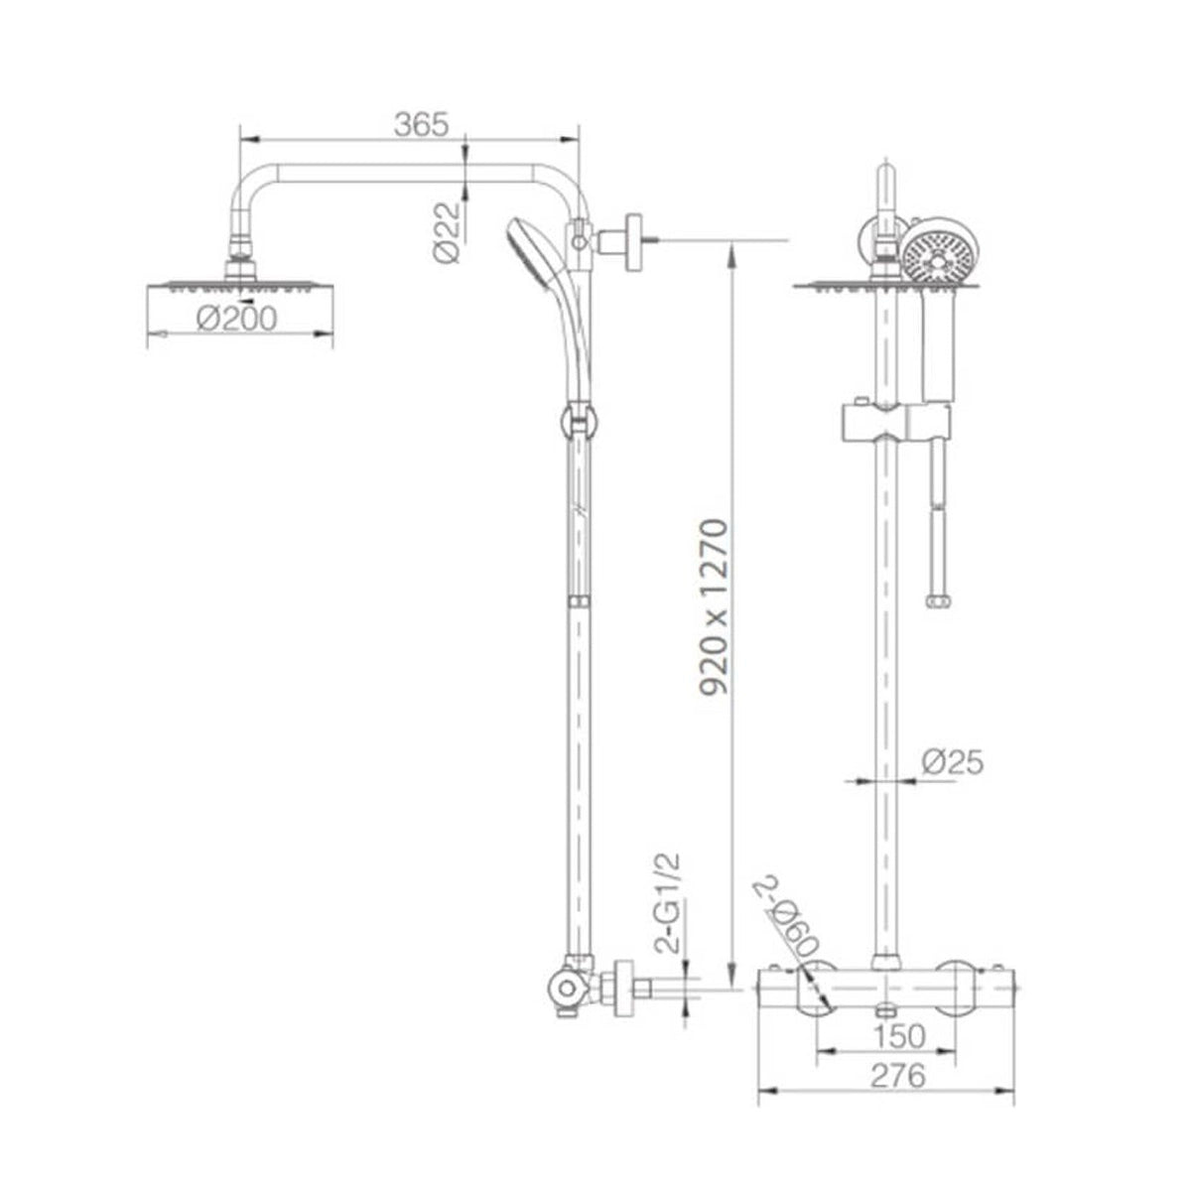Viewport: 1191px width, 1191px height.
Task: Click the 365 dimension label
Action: (x=421, y=125)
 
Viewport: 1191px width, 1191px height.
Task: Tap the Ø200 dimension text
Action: (x=237, y=319)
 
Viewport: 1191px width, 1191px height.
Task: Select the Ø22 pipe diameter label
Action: (x=447, y=232)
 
